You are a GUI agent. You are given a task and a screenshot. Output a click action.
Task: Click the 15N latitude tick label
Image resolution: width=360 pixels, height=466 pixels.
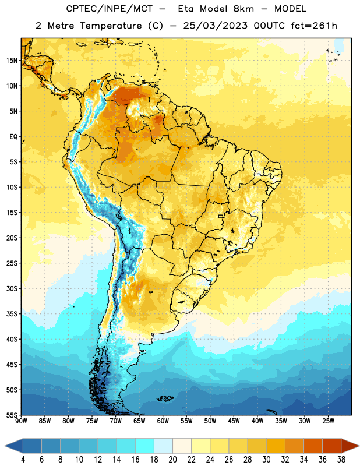click(12, 61)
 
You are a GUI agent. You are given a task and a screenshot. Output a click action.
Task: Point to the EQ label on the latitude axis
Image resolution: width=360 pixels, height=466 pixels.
click(13, 137)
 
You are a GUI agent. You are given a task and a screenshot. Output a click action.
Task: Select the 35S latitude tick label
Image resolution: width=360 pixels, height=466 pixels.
click(12, 314)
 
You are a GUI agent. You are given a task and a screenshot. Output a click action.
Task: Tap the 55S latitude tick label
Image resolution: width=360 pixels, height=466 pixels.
click(12, 415)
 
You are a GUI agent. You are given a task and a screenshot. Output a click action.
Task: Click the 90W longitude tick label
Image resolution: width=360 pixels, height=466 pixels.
click(21, 421)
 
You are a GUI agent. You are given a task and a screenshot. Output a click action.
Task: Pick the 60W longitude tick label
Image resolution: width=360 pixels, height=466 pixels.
click(163, 421)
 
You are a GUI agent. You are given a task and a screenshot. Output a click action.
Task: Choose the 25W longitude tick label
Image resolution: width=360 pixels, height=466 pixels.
click(328, 421)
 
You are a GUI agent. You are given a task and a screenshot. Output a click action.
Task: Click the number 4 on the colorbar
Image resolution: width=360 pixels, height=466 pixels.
click(23, 460)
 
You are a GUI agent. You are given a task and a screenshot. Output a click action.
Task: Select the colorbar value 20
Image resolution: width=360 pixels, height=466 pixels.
click(172, 460)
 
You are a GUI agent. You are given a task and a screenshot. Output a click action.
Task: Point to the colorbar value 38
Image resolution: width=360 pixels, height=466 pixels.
click(341, 460)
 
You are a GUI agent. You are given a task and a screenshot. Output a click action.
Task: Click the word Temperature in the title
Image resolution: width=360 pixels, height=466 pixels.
click(111, 26)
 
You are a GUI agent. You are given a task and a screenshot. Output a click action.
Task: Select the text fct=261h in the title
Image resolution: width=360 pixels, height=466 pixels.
click(314, 26)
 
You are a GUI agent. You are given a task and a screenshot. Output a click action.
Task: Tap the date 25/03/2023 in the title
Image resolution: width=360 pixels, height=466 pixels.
click(215, 26)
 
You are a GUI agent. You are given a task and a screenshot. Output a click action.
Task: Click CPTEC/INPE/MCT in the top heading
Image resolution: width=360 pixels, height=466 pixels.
click(110, 9)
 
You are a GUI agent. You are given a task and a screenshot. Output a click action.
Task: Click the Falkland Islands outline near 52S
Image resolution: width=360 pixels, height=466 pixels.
click(165, 398)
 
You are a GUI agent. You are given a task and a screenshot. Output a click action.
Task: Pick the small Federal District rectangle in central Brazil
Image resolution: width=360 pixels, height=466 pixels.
click(221, 216)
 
